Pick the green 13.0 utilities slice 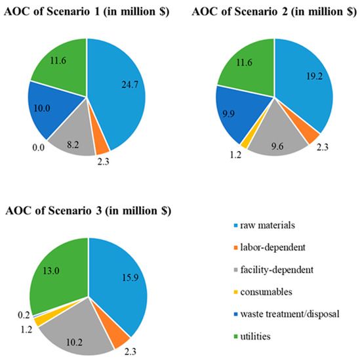click(62, 259)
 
